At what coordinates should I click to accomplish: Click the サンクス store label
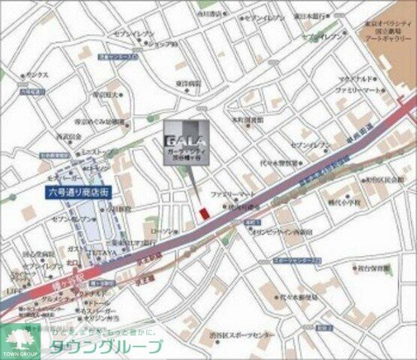tap(37, 76)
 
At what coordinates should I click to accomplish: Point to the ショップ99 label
tap(162, 44)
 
